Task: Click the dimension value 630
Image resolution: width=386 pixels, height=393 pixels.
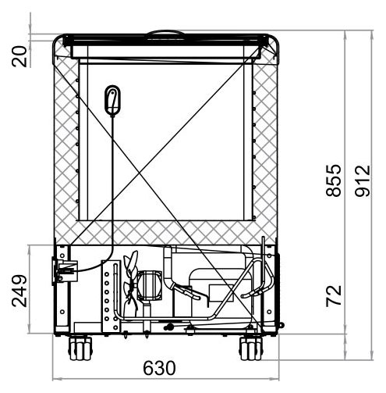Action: tap(159, 368)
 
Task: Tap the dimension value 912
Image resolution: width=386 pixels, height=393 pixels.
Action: tap(363, 180)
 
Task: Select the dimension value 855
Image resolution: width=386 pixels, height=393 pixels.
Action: tap(333, 180)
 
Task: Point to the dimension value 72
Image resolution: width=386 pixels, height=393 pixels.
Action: tap(334, 295)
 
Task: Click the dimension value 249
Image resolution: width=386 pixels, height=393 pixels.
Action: tap(19, 291)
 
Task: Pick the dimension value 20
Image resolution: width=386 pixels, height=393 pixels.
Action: tap(19, 56)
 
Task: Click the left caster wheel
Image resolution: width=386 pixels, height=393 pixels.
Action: tap(80, 348)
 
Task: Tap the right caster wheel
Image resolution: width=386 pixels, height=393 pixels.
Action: tap(251, 348)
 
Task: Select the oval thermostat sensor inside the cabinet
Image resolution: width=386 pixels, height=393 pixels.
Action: tap(112, 100)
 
